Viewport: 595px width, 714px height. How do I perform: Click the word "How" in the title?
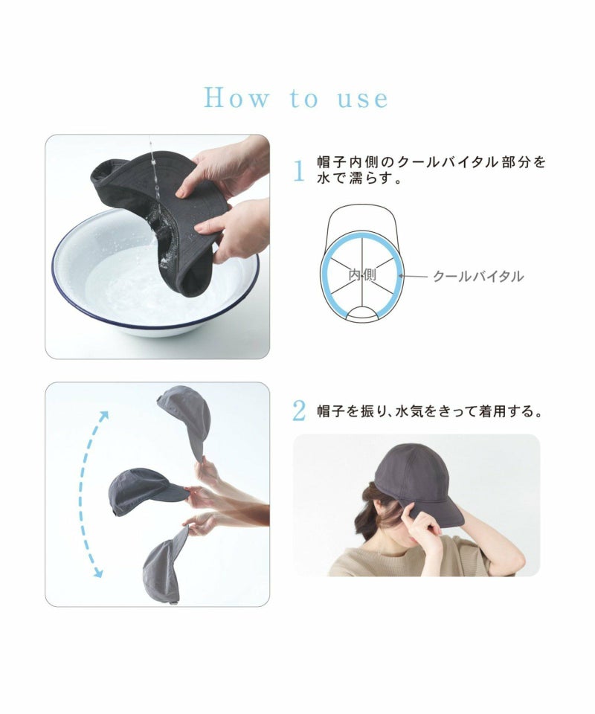[237, 98]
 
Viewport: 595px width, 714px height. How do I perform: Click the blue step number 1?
[299, 171]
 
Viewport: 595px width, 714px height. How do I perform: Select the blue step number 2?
[299, 411]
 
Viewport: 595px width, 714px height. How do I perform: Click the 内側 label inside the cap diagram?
[362, 275]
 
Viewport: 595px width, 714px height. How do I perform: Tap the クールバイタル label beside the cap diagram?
[478, 277]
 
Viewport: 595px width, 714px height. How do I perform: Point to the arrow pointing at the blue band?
[414, 276]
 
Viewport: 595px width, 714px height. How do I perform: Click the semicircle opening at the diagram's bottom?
[363, 313]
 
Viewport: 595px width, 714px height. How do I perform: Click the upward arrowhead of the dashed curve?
[104, 416]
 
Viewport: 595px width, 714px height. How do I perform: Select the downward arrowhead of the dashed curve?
[98, 573]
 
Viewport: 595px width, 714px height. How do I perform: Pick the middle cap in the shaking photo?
[147, 491]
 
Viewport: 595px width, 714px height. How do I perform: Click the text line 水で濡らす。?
[360, 178]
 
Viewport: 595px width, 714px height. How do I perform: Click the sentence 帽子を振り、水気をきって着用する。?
[430, 411]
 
